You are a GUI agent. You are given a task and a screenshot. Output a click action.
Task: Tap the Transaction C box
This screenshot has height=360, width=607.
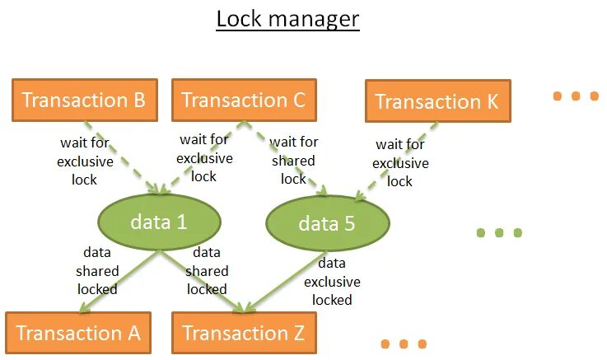[x=243, y=100]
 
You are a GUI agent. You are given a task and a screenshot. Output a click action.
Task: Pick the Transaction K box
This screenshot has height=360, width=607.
[x=437, y=102]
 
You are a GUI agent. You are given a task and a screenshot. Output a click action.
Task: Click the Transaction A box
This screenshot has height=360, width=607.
[x=78, y=333]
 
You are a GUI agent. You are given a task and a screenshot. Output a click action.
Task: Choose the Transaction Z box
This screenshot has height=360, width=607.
[x=243, y=333]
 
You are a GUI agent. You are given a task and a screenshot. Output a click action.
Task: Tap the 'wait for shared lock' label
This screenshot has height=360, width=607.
[x=294, y=160]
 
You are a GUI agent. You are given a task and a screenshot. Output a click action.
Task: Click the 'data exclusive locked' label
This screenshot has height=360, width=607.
[x=331, y=281]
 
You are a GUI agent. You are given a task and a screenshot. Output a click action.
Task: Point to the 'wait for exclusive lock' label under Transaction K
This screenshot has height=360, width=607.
[x=400, y=163]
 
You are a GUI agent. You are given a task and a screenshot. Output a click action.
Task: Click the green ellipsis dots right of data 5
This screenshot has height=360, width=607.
[x=499, y=233]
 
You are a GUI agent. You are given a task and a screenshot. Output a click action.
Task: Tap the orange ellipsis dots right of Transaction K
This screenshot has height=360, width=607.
[x=576, y=96]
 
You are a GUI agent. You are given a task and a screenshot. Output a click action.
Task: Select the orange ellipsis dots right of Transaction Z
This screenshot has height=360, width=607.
[x=404, y=344]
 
